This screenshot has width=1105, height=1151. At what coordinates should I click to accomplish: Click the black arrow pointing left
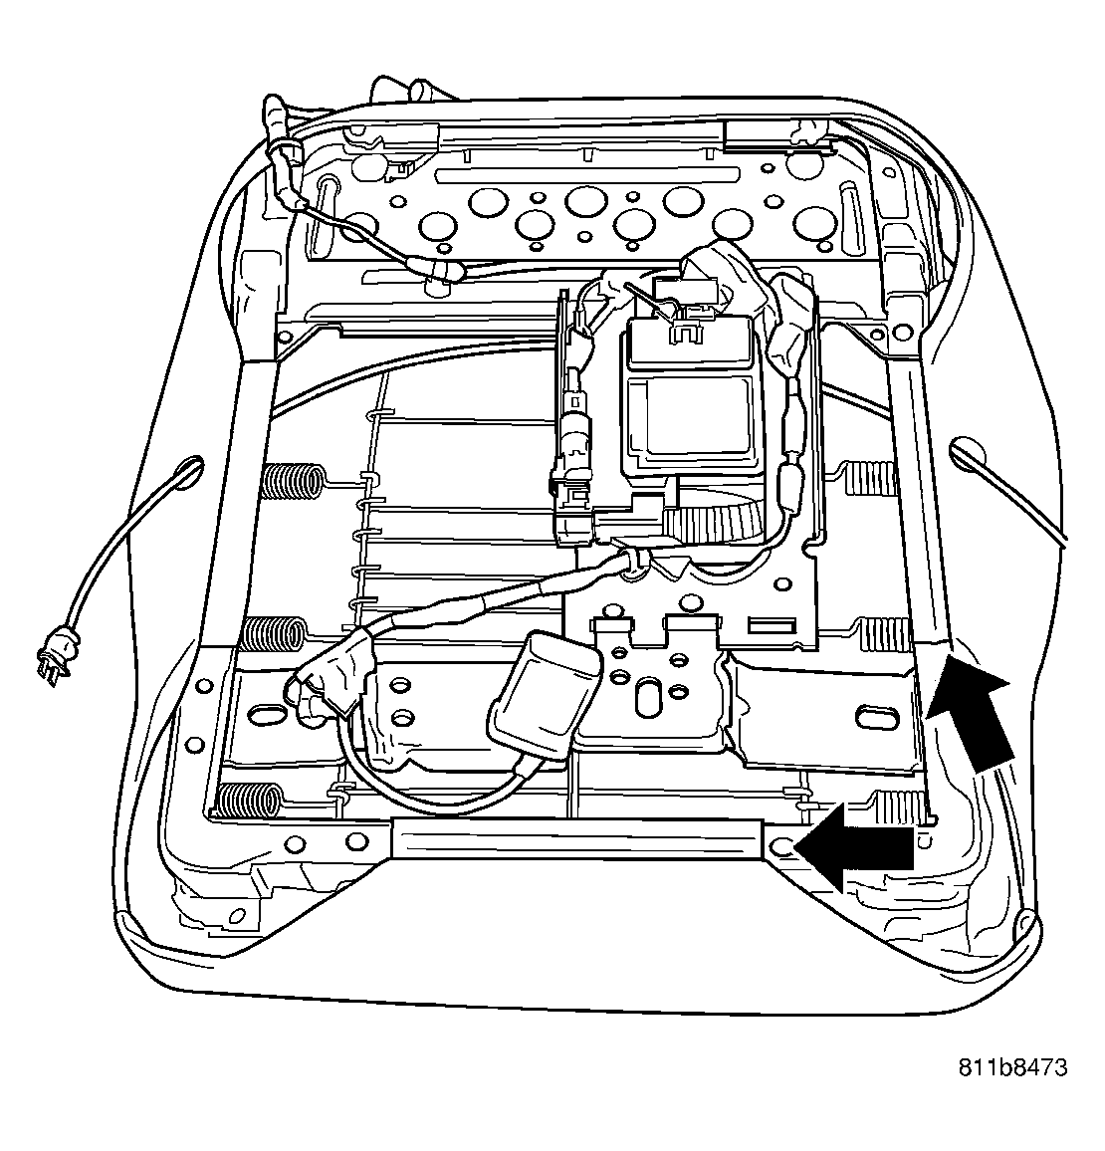855,848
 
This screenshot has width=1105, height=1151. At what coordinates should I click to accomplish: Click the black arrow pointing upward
973,711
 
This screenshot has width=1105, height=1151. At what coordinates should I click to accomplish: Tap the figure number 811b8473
1012,1066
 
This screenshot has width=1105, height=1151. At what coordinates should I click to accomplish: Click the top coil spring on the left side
293,481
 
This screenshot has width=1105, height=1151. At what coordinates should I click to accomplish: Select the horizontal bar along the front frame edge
578,839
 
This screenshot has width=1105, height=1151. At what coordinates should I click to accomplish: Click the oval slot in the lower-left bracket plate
267,714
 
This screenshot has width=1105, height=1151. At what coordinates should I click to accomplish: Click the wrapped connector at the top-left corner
283,158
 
